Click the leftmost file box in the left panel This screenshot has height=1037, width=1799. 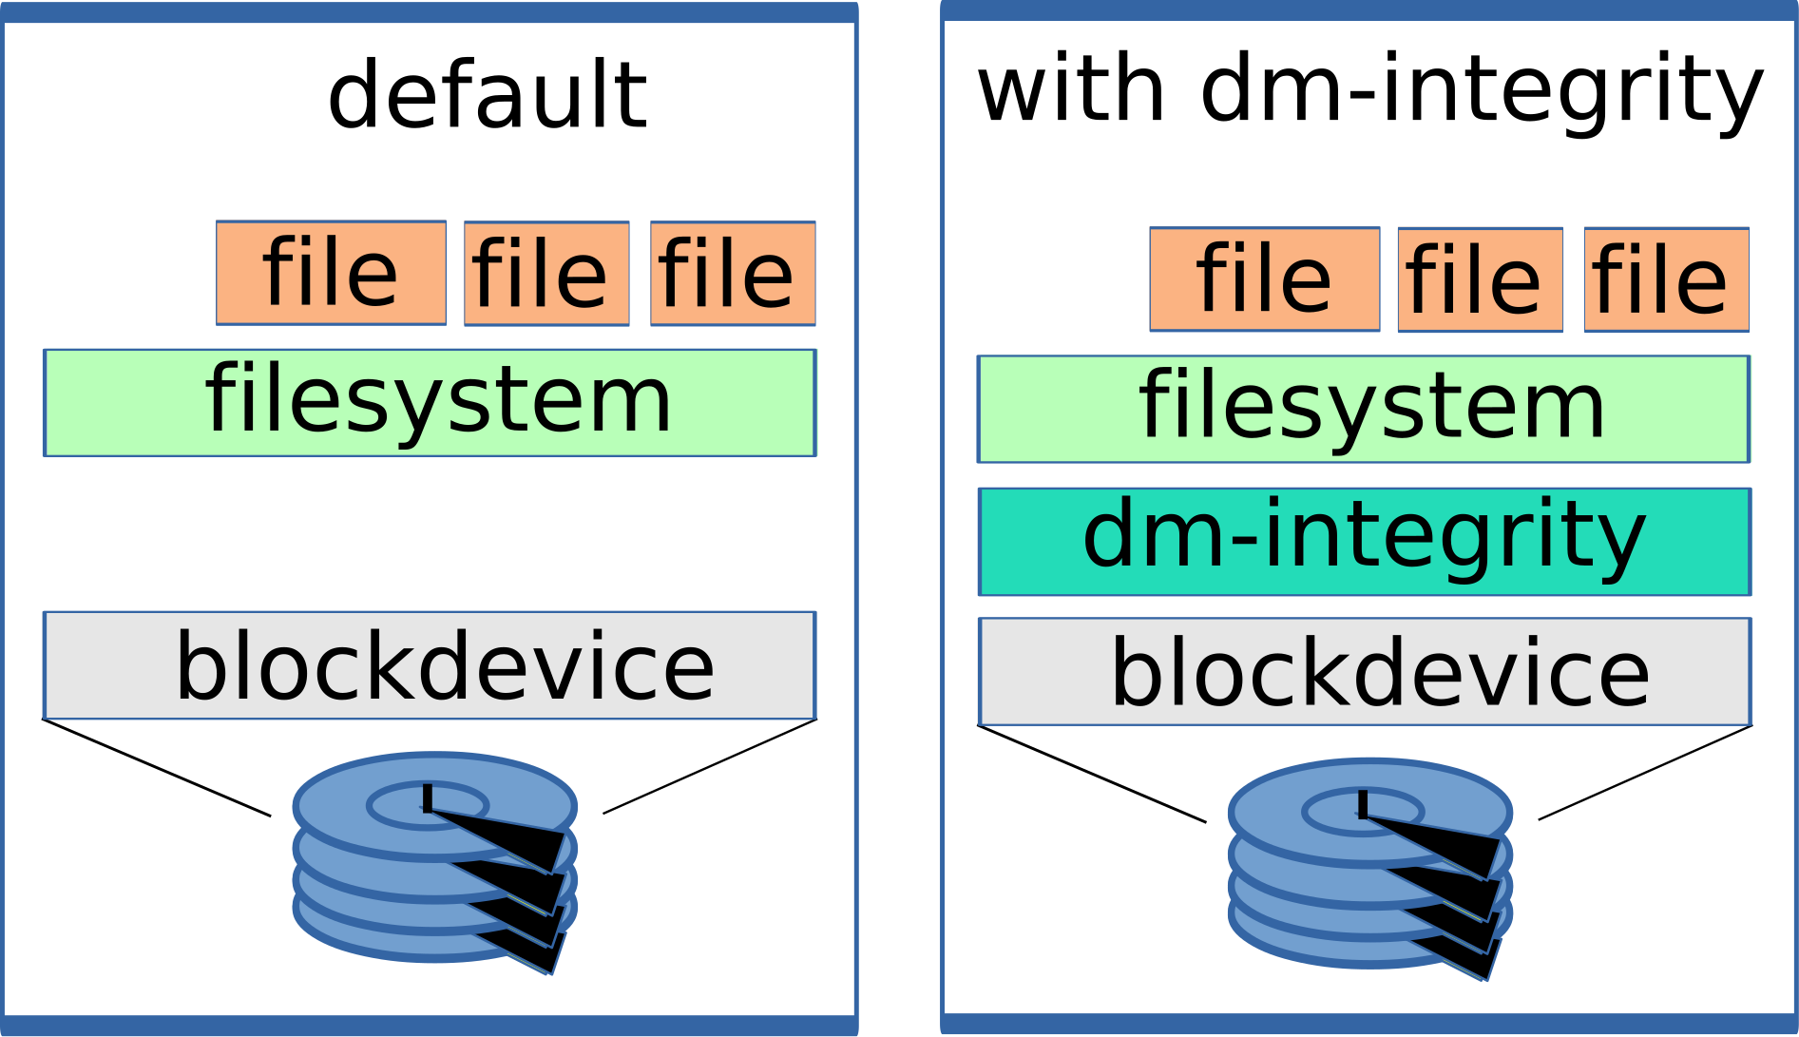pos(331,273)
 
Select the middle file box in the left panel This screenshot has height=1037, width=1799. pos(546,274)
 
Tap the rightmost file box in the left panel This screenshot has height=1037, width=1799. pos(733,274)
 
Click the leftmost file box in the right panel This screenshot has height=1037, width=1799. pos(1264,278)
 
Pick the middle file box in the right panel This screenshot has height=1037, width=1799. pos(1480,279)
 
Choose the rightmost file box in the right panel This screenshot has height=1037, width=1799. pos(1666,279)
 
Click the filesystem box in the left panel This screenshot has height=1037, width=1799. pos(430,402)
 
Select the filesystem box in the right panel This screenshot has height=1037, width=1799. pos(1364,409)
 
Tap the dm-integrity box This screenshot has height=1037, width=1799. pos(1364,542)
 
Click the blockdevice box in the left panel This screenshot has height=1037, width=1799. pos(430,664)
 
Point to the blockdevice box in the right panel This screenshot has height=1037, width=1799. pos(1365,671)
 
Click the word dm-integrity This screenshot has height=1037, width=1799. pos(1364,536)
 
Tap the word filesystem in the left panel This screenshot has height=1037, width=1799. pos(438,400)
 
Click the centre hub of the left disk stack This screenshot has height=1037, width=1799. pos(427,805)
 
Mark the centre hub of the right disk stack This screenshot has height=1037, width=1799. pos(1362,811)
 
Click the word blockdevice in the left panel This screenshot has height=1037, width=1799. pos(445,666)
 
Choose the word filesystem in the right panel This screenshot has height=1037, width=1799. pos(1372,407)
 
